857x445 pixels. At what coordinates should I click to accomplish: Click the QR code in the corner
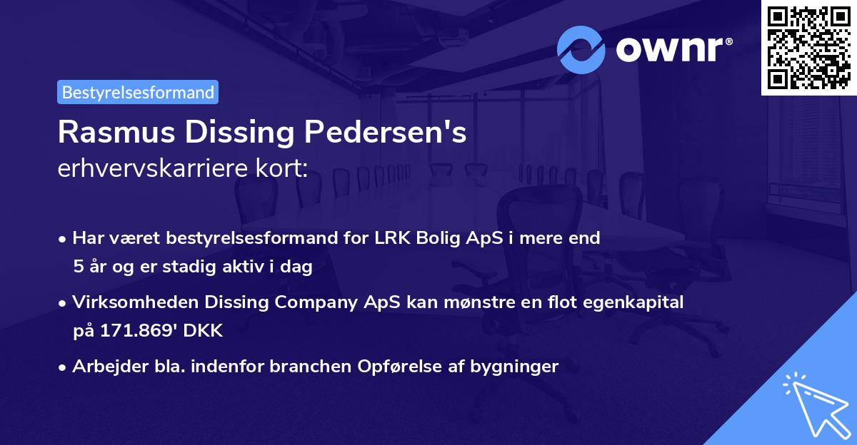click(809, 47)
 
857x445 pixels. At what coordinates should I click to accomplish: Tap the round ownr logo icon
click(581, 49)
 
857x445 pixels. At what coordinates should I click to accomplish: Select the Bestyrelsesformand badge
click(138, 92)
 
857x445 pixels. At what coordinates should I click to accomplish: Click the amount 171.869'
click(133, 331)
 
